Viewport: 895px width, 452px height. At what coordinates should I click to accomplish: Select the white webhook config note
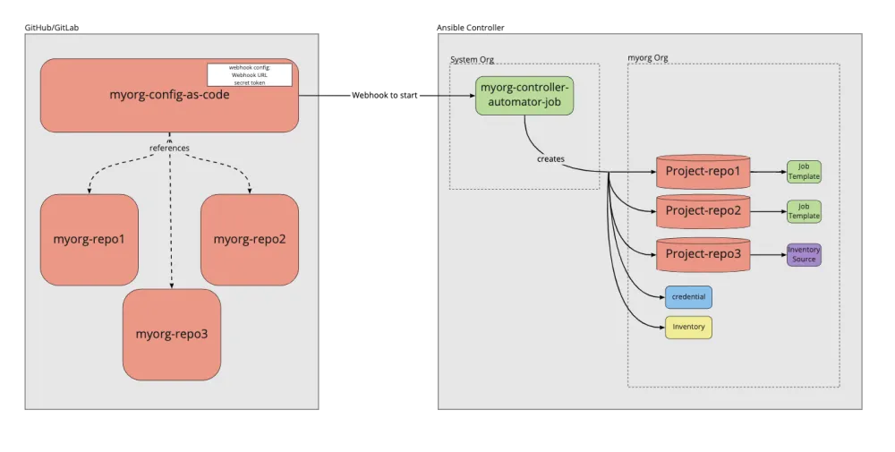coord(250,74)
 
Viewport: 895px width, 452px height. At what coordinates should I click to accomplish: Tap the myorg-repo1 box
coord(89,239)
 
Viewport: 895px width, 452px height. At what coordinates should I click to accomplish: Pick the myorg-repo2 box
coord(249,239)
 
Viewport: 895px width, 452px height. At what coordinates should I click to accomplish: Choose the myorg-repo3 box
coord(172,334)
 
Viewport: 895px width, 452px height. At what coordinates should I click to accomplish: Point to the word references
coord(169,148)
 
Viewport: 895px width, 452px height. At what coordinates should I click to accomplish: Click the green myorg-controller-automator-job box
coord(524,95)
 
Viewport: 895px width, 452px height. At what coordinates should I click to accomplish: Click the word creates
coord(550,158)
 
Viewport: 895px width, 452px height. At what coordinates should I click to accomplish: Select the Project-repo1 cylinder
coord(703,171)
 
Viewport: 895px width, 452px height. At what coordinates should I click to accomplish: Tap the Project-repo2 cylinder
coord(703,212)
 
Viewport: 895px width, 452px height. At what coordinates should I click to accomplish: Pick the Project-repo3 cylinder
coord(703,254)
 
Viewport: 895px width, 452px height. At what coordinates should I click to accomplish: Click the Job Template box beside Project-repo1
coord(804,172)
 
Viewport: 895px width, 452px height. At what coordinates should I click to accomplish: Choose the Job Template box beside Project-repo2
coord(804,212)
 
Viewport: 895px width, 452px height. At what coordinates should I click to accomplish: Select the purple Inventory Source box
coord(804,254)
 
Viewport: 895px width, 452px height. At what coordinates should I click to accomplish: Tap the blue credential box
coord(688,297)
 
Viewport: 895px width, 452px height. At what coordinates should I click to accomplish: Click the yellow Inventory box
coord(688,327)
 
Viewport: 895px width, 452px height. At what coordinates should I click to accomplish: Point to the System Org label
coord(472,60)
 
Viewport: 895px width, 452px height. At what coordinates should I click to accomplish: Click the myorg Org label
coord(648,58)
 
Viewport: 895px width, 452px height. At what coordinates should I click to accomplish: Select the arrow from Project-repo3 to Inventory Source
coord(768,254)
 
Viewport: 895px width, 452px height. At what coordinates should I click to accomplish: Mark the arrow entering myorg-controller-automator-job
coord(456,95)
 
